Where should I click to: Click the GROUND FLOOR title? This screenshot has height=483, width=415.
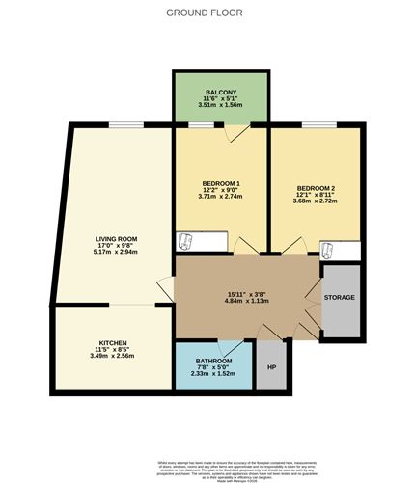(205, 14)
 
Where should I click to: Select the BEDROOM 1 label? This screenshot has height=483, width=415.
(221, 182)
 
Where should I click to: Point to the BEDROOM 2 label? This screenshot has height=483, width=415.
(317, 187)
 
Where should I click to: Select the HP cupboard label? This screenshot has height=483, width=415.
(271, 367)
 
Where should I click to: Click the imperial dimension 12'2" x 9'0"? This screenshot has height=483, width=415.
(221, 189)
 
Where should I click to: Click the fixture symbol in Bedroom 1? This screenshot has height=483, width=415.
(184, 241)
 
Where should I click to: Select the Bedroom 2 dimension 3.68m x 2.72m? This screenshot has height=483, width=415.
(317, 201)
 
